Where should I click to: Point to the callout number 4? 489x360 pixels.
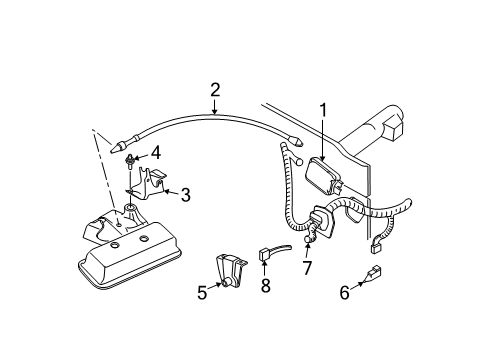tap(154, 154)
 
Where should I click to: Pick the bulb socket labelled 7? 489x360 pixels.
tap(313, 237)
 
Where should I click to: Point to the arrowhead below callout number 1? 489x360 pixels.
tap(322, 154)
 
